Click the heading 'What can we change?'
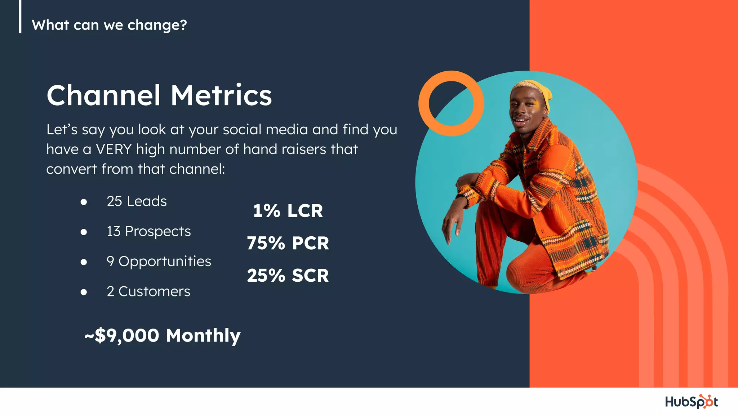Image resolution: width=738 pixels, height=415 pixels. click(109, 25)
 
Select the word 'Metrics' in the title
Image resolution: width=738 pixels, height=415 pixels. click(221, 95)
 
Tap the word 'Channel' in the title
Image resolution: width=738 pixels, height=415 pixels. click(103, 95)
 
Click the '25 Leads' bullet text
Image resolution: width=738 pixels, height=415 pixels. click(137, 201)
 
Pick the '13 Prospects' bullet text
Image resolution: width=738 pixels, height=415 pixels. click(148, 231)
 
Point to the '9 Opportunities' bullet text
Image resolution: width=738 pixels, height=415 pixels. click(159, 262)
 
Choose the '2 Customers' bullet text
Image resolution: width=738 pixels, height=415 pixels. click(148, 291)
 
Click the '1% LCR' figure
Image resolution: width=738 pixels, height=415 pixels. click(288, 211)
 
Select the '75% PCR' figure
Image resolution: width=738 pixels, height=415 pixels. click(288, 243)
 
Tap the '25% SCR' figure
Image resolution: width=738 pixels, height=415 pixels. click(288, 276)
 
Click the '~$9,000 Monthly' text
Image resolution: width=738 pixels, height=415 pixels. click(162, 335)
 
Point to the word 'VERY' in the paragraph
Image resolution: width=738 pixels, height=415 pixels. click(114, 150)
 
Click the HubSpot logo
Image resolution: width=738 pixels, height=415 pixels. click(691, 402)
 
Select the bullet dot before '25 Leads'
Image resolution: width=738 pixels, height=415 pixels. click(84, 202)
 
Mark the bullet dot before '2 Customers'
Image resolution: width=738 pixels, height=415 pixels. click(84, 292)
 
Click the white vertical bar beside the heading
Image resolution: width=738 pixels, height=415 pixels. click(20, 16)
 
